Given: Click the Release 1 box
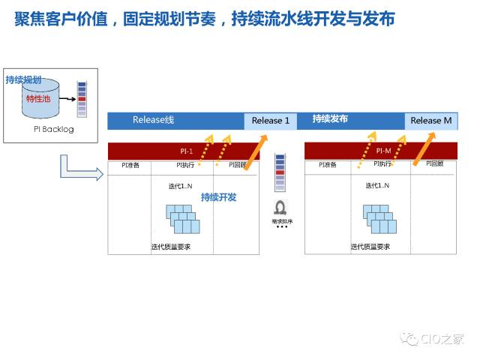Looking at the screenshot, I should [271, 121].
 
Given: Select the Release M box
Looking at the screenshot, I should [431, 121].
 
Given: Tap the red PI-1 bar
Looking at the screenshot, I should [184, 151].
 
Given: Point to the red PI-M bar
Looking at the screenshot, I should [381, 151].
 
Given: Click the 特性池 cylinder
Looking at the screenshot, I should [39, 99].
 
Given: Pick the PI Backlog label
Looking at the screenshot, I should [49, 129].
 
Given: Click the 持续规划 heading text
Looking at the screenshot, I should [23, 79].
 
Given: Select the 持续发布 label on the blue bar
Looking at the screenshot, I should [330, 119].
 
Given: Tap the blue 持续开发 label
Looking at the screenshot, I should [218, 197].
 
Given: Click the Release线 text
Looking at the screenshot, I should [153, 120].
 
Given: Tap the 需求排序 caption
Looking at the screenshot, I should [281, 222].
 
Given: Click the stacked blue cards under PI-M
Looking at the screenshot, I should [379, 217].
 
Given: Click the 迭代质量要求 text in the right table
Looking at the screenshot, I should [369, 247].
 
